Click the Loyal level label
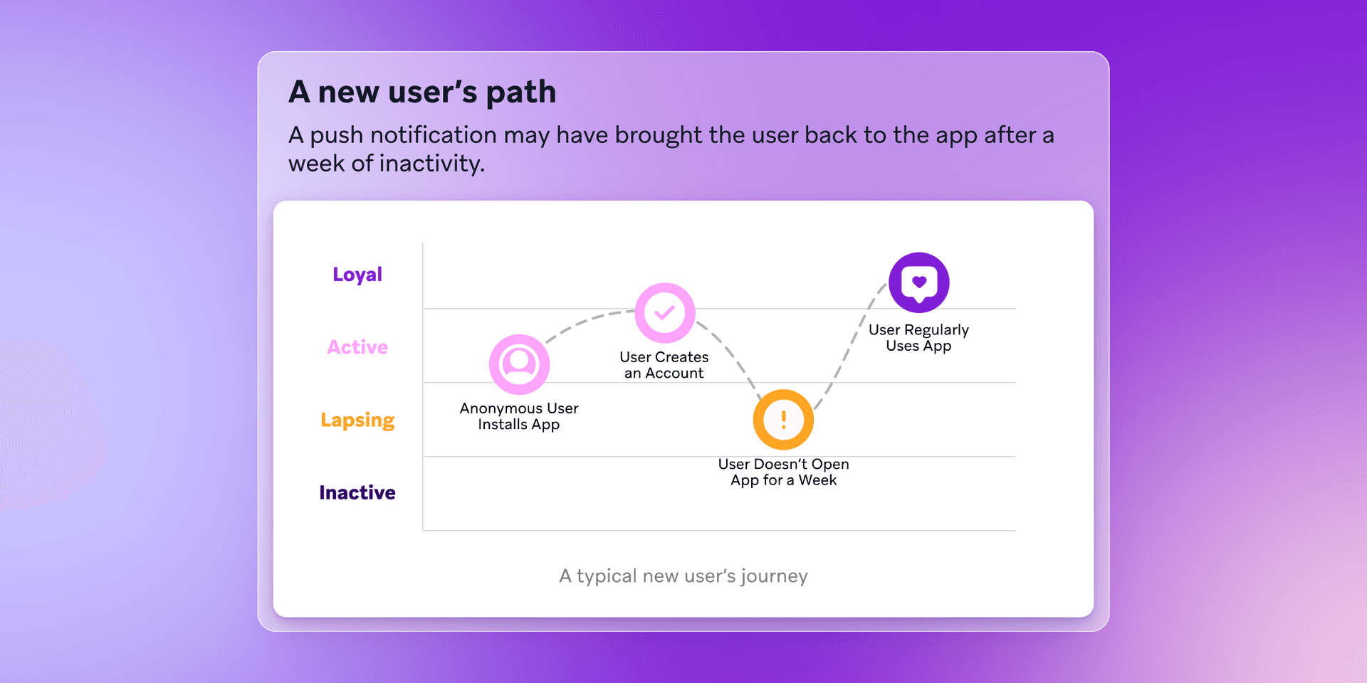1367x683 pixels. coord(357,275)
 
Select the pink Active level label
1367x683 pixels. coord(357,347)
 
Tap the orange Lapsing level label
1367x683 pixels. coord(357,420)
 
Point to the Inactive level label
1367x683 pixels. coord(357,492)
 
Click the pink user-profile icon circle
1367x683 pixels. coord(519,364)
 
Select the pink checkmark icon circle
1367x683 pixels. coord(665,313)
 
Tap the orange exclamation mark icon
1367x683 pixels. coord(783,420)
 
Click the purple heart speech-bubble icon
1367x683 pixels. coord(918,282)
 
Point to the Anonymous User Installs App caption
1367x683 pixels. coord(519,416)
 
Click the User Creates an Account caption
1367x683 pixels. coord(664,365)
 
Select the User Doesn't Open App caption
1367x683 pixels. coord(783,472)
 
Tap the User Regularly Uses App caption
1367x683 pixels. coord(918,338)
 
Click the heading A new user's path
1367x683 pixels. coord(422,92)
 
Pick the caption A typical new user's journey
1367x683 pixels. coord(683,576)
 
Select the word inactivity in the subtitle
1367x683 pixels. coord(431,164)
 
